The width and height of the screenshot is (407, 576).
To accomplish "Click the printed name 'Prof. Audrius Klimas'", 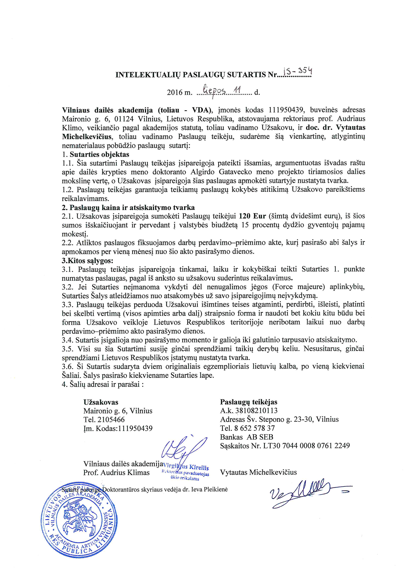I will [x=116, y=473].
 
